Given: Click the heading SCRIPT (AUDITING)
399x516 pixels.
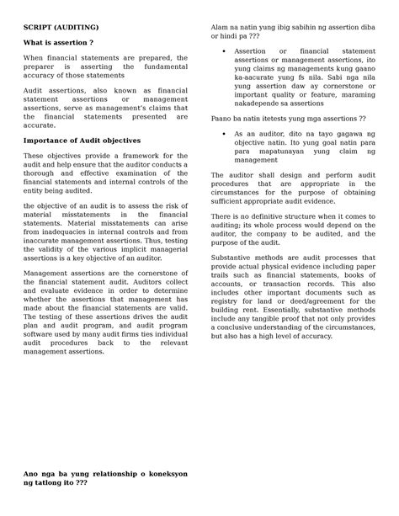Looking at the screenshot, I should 58,27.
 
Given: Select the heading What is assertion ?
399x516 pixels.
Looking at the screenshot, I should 58,42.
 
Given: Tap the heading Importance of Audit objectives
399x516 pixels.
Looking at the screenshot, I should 82,140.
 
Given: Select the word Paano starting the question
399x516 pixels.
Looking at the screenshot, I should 222,118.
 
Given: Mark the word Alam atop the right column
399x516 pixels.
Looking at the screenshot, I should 221,27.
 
